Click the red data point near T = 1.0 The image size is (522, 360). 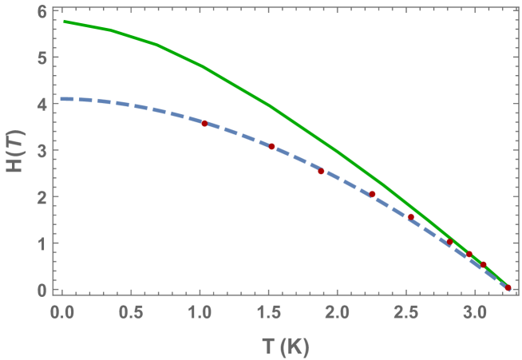point(204,124)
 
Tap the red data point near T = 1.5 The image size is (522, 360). point(272,147)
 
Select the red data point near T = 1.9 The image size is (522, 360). point(322,172)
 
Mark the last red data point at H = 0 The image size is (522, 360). point(508,287)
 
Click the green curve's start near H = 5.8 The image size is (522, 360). point(64,22)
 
